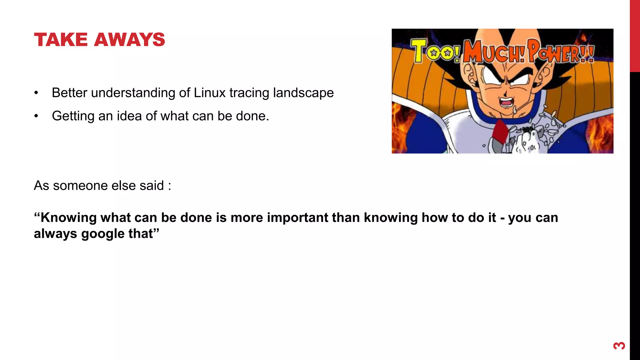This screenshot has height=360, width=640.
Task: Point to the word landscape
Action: tap(303, 93)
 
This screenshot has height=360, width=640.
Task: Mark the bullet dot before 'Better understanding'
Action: tap(37, 93)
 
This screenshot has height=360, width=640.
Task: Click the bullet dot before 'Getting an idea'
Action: tap(37, 116)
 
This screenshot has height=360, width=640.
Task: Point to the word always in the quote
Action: tap(55, 234)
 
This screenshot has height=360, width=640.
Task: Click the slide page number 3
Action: tap(619, 346)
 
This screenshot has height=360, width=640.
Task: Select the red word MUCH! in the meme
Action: tap(494, 52)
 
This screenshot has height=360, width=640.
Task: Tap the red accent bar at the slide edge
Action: tap(635, 36)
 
